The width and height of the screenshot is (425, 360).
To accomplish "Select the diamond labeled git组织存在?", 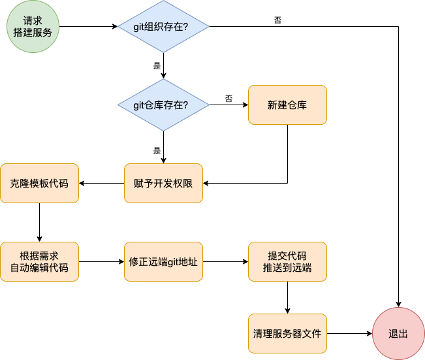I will tap(163, 26).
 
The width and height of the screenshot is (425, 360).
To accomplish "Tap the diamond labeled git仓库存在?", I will tap(163, 105).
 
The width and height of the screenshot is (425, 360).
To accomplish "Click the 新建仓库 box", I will tap(287, 105).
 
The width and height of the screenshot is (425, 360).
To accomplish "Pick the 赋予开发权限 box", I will tap(163, 183).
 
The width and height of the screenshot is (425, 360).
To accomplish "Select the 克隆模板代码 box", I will tap(39, 183).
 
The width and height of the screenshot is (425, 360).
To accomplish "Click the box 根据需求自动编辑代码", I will tap(39, 261).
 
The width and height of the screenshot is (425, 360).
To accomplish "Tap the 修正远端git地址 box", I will tap(163, 261).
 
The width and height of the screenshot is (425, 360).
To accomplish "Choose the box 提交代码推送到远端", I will tap(287, 261).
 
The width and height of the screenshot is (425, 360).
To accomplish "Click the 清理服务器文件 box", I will tap(287, 333).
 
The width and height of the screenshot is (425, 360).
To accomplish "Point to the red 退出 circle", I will tap(398, 333).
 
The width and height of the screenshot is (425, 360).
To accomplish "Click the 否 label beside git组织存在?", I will tap(278, 20).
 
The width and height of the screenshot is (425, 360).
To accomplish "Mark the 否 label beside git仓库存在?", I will tap(228, 98).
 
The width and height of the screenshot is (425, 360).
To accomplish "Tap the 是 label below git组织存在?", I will tap(157, 66).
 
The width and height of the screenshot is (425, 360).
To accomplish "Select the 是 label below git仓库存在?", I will tap(157, 150).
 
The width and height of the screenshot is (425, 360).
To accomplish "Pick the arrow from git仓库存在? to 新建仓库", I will tap(228, 105).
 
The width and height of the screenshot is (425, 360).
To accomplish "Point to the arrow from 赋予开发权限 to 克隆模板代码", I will tap(101, 183).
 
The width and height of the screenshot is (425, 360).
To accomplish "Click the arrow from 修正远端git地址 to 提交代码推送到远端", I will tap(225, 261).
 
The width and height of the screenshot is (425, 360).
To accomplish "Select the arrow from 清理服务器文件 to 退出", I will tap(349, 333).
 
